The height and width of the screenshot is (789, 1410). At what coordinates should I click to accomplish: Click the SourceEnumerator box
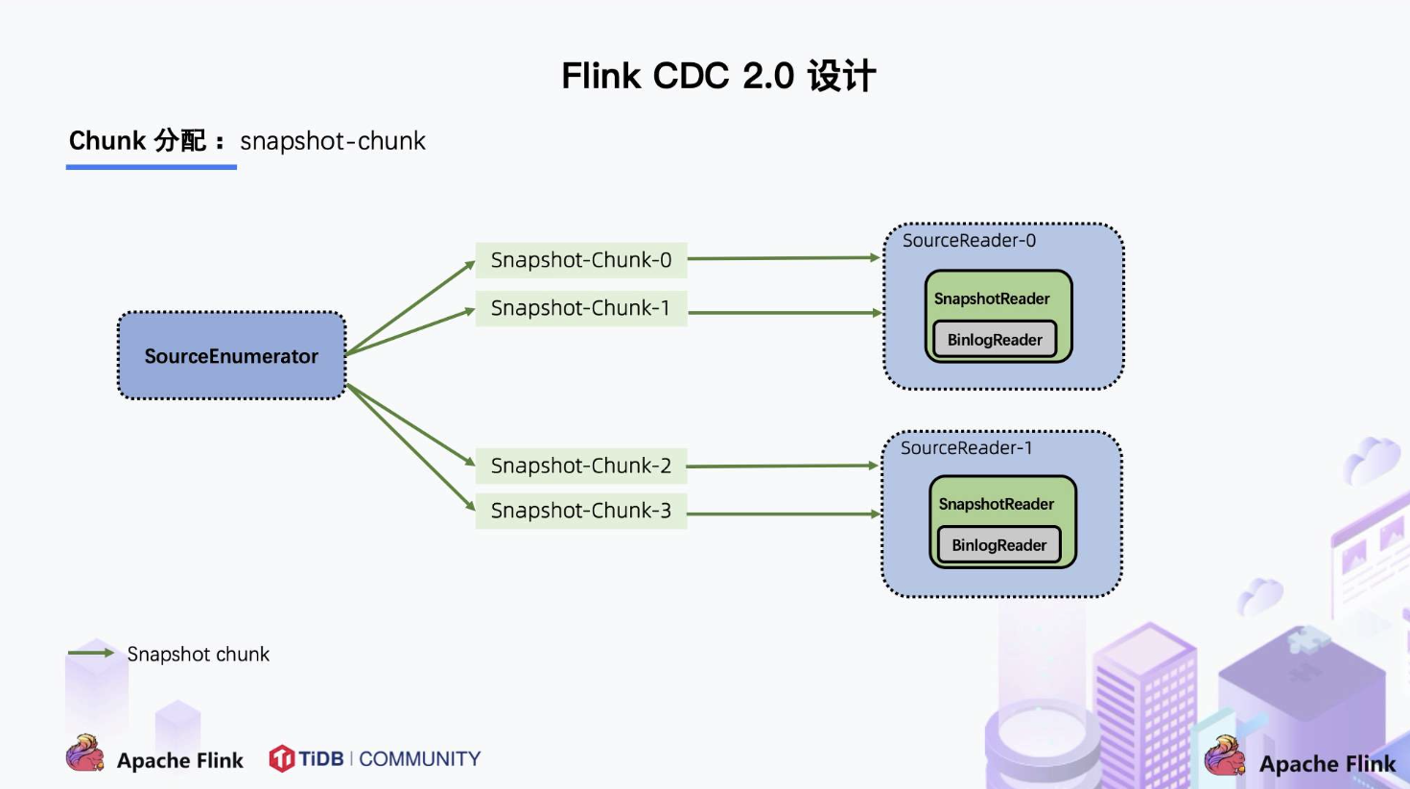coord(231,356)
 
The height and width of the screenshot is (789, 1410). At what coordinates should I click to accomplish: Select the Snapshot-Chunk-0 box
coord(581,260)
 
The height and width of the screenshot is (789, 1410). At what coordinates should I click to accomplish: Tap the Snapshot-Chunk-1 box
coord(581,308)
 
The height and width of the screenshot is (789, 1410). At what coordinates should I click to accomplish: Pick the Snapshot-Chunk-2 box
coord(581,466)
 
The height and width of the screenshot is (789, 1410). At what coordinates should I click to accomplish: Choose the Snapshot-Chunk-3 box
coord(581,511)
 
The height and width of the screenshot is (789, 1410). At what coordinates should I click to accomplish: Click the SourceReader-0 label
coord(969,241)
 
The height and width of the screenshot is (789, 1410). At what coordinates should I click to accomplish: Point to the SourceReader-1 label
coord(966,448)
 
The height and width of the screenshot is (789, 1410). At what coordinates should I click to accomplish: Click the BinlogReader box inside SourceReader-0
coord(995,340)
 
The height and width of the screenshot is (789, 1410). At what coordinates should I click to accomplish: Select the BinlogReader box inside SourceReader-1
coord(999,545)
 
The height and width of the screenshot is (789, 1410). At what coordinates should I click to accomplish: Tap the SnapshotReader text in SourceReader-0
coord(992,299)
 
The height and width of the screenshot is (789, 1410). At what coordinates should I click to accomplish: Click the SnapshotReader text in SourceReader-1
coord(996,504)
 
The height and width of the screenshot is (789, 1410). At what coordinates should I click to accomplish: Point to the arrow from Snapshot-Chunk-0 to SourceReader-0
coord(783,258)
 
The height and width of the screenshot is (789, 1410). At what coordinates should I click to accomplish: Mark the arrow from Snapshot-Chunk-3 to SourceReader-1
coord(783,514)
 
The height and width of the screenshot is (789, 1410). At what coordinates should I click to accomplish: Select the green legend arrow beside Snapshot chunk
coord(91,653)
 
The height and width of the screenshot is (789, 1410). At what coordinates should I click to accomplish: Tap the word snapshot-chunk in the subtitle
coord(332,141)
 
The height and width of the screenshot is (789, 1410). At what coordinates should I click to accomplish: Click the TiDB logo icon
coord(281,758)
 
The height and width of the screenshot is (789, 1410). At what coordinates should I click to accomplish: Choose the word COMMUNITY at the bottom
coord(419,759)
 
